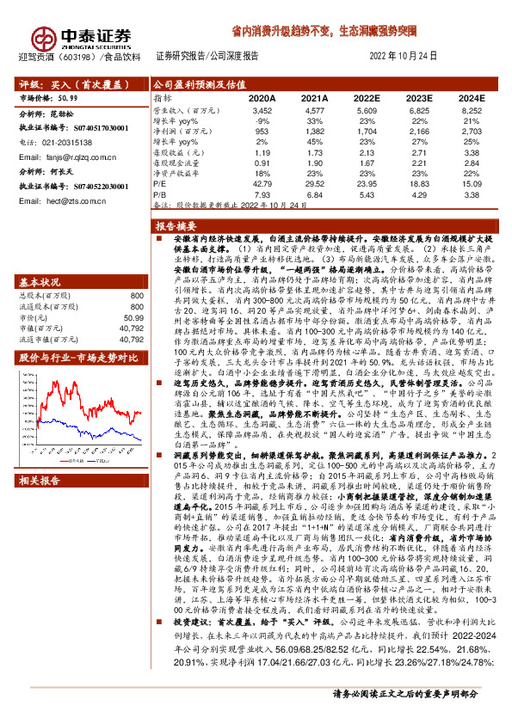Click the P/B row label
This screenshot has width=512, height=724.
(161, 194)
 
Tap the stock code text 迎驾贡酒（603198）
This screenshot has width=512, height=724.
(51, 57)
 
